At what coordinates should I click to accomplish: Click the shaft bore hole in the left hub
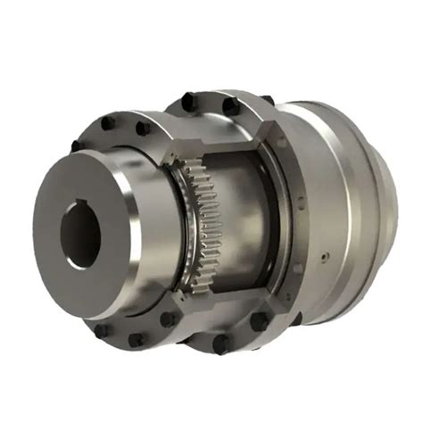(x=79, y=234)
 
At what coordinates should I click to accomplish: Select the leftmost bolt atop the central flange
(x=188, y=101)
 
